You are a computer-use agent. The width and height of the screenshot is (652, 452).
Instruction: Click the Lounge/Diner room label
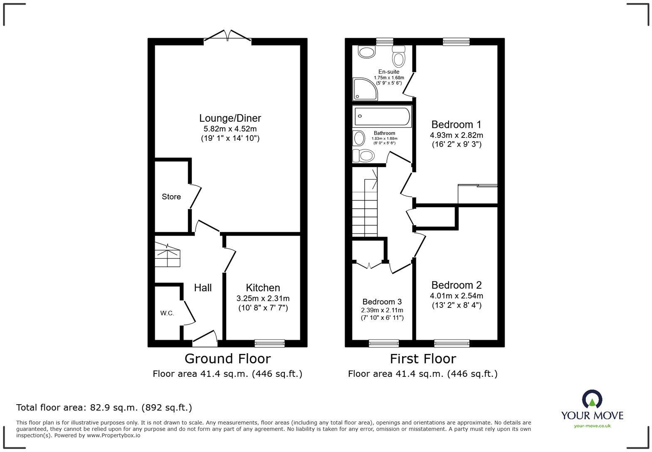tap(230, 118)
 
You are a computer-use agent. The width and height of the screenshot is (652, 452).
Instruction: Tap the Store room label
tap(171, 197)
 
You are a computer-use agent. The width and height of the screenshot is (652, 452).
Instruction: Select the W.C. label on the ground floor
tap(167, 313)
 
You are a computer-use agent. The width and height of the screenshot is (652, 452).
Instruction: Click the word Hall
tap(203, 287)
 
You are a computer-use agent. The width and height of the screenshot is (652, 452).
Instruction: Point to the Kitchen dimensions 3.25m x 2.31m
tap(263, 298)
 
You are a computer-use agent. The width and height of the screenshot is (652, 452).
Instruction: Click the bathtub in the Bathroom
tap(382, 116)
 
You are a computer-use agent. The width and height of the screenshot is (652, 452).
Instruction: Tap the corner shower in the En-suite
tap(365, 89)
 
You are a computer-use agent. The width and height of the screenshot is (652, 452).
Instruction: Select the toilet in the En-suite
tap(399, 56)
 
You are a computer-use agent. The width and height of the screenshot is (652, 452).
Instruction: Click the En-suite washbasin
tap(366, 52)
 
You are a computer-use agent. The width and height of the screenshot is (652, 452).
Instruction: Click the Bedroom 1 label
tap(456, 125)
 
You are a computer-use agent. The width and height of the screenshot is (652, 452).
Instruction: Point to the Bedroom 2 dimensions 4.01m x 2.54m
tap(456, 296)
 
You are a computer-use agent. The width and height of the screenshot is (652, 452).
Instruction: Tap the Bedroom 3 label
tap(382, 302)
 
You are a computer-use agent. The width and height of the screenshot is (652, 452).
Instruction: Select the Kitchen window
tap(269, 343)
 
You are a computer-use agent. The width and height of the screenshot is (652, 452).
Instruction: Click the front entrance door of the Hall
tap(205, 338)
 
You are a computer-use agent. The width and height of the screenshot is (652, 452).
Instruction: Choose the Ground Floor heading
tap(227, 359)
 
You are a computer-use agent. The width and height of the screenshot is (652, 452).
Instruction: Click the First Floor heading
tap(422, 359)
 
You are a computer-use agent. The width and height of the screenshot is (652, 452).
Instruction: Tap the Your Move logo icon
tap(592, 400)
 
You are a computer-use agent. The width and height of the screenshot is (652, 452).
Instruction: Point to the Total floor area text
tap(104, 408)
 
